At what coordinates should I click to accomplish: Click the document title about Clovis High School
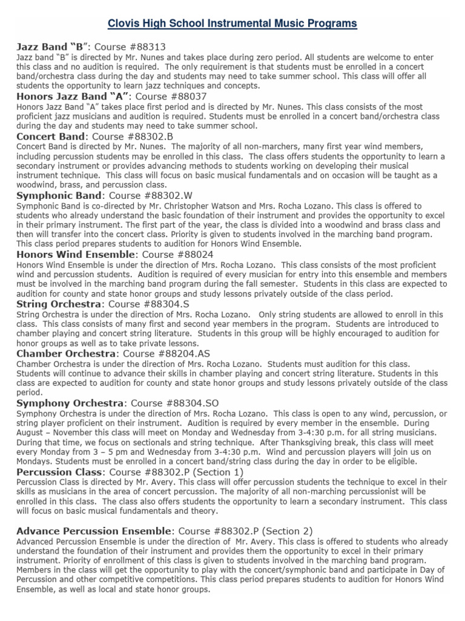coord(232,24)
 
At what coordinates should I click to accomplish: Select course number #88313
coord(143,47)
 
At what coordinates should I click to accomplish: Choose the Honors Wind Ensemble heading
coord(75,255)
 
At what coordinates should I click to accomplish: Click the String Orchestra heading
coord(58,304)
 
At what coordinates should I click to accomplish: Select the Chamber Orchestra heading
coord(65,354)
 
